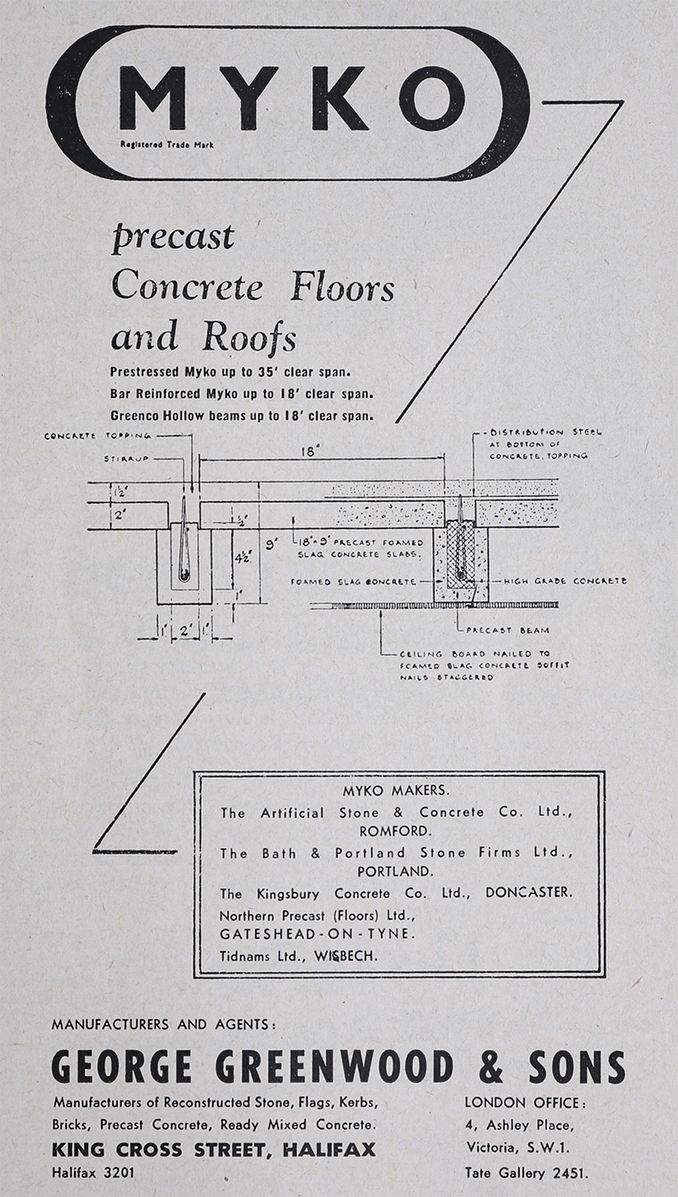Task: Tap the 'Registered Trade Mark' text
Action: click(167, 144)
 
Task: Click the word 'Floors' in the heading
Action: click(343, 288)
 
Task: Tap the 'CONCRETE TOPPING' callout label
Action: click(98, 436)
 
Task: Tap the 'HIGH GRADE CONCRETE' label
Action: click(565, 581)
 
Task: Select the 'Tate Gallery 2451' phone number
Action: click(526, 1173)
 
